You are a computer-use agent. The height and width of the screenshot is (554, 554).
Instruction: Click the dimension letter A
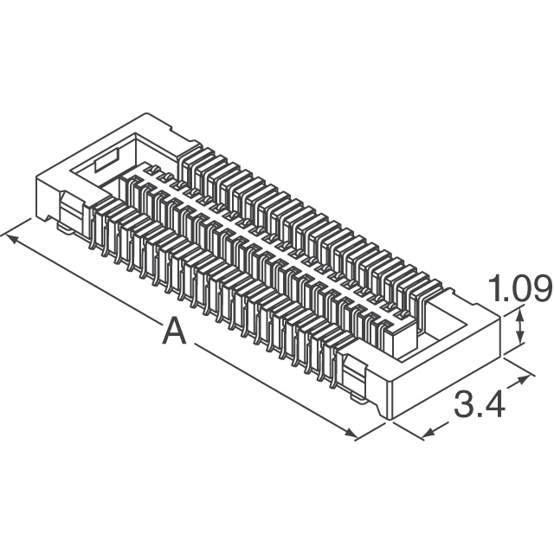tap(174, 331)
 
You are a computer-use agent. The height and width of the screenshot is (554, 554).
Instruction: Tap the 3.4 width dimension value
tap(479, 404)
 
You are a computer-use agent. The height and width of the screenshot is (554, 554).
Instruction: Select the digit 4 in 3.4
tap(494, 404)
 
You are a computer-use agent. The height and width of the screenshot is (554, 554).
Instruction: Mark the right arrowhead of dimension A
tap(351, 433)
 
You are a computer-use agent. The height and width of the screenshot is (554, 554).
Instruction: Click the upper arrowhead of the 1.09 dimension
tap(519, 313)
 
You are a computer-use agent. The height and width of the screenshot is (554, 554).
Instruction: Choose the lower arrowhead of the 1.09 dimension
tap(519, 338)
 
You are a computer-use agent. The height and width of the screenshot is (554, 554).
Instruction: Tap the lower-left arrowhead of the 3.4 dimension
tap(429, 433)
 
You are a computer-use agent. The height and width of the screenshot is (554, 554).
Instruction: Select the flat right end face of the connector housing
tap(445, 367)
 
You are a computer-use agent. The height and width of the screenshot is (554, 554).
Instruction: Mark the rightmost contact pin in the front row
tap(334, 367)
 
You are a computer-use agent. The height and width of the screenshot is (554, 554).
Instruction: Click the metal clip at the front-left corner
tap(72, 214)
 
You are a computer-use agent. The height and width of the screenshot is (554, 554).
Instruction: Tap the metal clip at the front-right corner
tap(354, 379)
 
